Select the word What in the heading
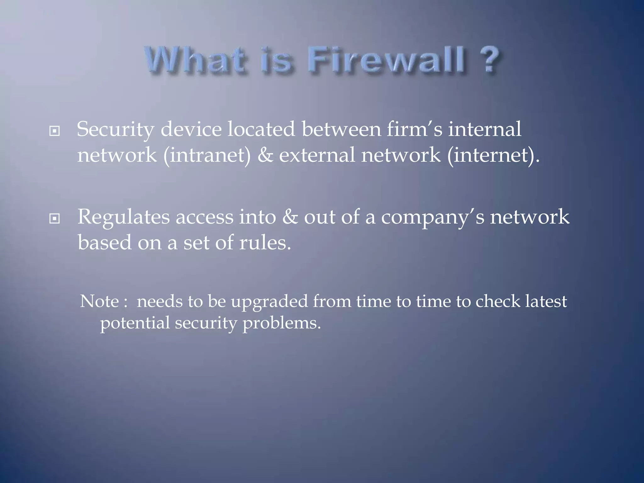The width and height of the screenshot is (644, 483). pos(195,59)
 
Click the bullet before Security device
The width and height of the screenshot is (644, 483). pos(54,131)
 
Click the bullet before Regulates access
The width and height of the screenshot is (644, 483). pos(54,219)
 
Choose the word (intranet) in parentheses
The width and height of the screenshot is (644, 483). pos(207,155)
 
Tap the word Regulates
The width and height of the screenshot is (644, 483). pos(123,218)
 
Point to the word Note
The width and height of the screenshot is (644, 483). pos(99,302)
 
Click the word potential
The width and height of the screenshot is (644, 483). pos(135,323)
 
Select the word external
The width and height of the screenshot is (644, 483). pos(317,155)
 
